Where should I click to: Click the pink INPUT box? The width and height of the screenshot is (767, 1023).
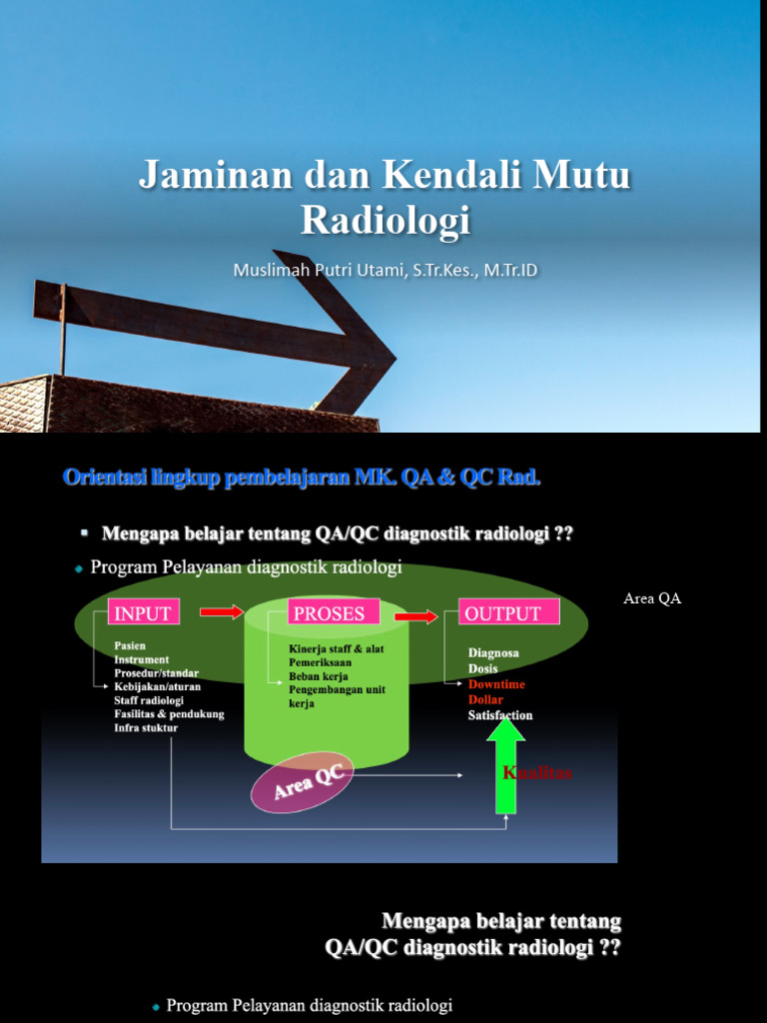tap(143, 612)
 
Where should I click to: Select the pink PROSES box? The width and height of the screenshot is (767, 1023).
tap(326, 612)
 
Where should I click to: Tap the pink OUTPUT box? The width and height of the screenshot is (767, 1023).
tap(508, 613)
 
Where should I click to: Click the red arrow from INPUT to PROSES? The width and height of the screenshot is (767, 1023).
tap(221, 611)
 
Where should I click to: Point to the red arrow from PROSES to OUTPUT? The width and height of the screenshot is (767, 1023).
tap(415, 615)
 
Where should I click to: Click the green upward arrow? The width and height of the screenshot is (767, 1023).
tap(506, 764)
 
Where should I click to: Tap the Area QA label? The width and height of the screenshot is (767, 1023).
tap(651, 598)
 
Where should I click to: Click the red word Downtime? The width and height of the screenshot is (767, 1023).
tap(496, 684)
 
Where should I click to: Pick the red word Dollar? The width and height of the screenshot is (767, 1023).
tap(486, 699)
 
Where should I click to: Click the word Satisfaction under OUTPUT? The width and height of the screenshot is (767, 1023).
tap(500, 715)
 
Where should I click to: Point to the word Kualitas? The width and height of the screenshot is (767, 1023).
tap(537, 773)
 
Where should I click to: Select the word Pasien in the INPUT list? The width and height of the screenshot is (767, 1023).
tap(130, 646)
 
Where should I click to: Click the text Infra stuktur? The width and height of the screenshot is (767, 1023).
tap(146, 728)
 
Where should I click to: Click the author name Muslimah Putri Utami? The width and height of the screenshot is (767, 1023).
tap(321, 270)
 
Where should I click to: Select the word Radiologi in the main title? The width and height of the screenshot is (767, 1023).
tap(384, 220)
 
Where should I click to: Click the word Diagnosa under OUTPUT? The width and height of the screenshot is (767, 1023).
tap(493, 652)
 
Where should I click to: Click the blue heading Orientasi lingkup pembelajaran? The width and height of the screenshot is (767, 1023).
tap(206, 478)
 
